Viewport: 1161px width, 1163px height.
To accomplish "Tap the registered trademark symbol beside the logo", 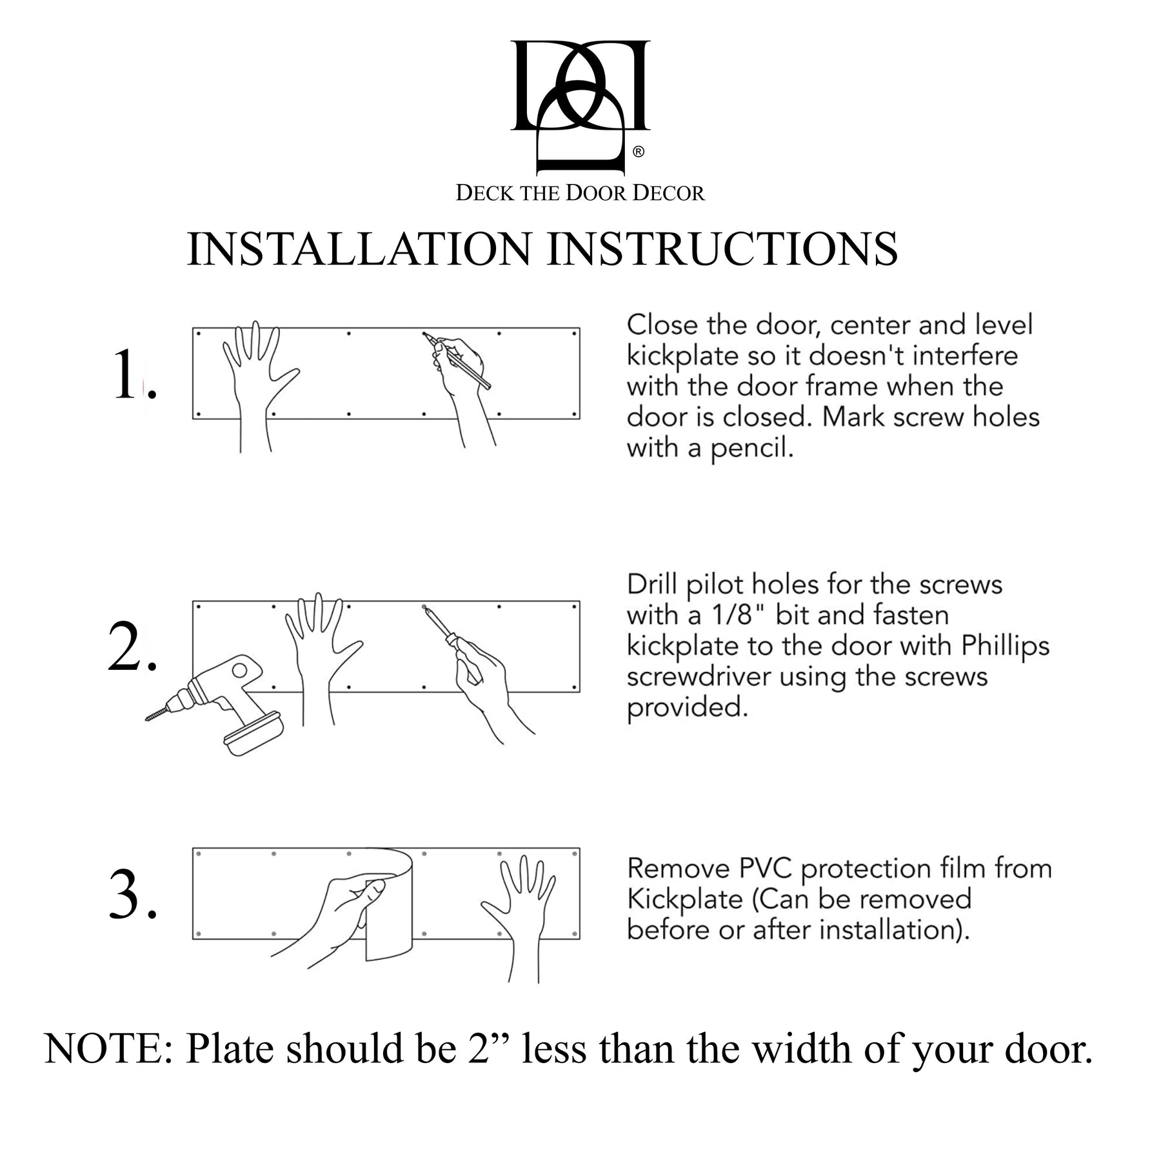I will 638,152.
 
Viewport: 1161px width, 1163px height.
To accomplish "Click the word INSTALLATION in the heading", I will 359,249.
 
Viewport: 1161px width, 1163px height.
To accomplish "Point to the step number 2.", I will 131,649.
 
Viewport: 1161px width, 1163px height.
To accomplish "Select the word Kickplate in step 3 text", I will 684,899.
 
